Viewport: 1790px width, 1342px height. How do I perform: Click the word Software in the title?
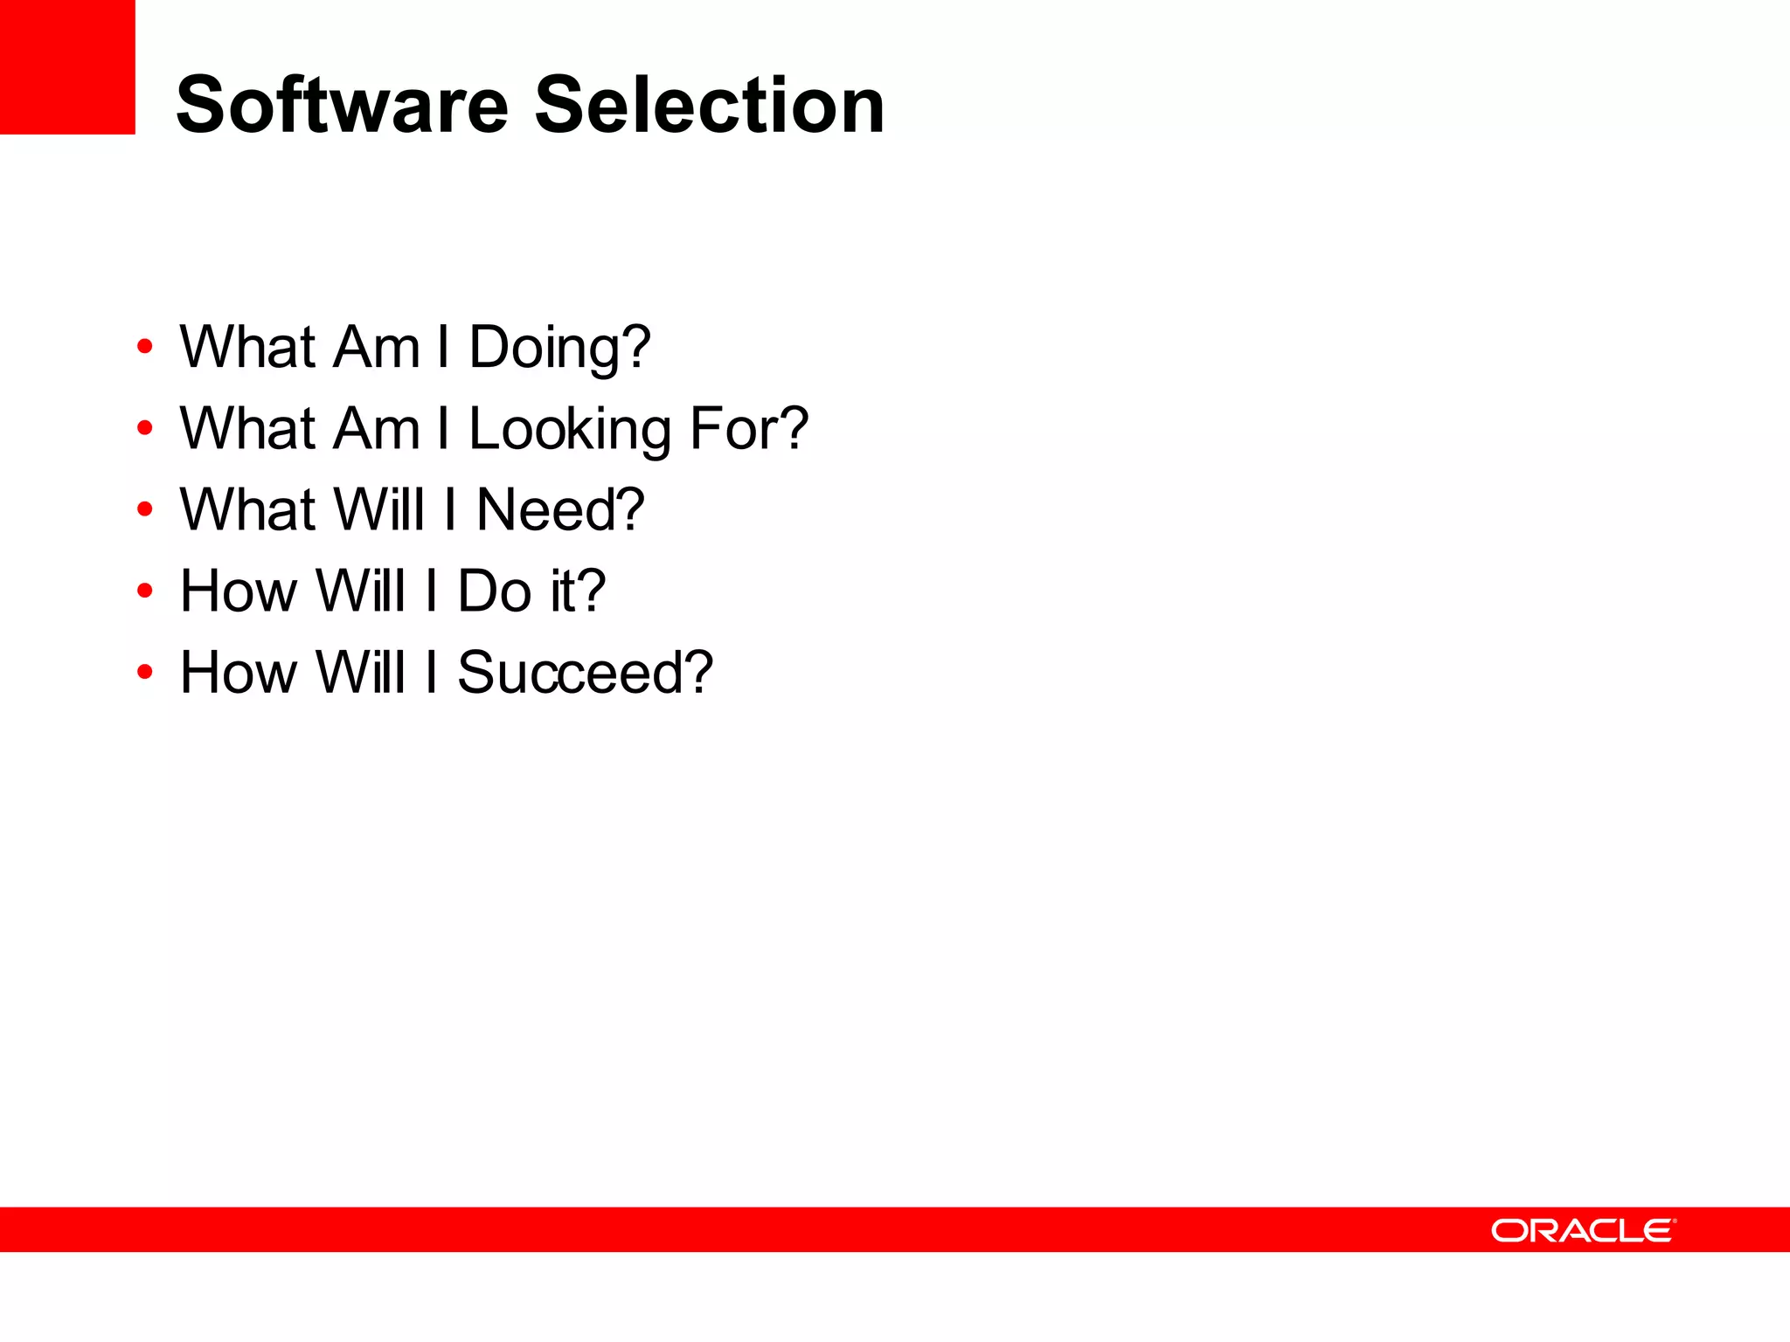point(342,106)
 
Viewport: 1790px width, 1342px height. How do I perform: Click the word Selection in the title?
point(709,106)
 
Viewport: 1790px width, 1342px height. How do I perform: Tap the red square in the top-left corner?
point(67,66)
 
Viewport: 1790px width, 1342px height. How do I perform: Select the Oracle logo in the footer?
point(1583,1230)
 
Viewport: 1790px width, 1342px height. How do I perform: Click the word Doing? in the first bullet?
point(559,348)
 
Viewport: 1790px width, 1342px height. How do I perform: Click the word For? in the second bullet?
point(749,429)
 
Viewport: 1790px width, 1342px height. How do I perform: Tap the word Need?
point(559,510)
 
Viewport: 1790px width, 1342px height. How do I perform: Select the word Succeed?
point(585,673)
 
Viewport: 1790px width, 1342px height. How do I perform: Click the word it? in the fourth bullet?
point(578,591)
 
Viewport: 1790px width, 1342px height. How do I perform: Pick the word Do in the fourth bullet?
point(495,591)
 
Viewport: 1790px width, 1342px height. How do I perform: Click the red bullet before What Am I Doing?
point(145,347)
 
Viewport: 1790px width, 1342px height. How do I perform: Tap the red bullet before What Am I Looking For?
point(145,428)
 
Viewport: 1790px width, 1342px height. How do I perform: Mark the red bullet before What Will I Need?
point(145,509)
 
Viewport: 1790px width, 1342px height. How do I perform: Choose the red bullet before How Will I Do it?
point(145,591)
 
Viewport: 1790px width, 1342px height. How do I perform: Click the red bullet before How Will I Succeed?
point(145,672)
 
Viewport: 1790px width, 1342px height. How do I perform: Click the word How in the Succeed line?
point(238,673)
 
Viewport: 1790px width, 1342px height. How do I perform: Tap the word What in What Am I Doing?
point(247,348)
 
